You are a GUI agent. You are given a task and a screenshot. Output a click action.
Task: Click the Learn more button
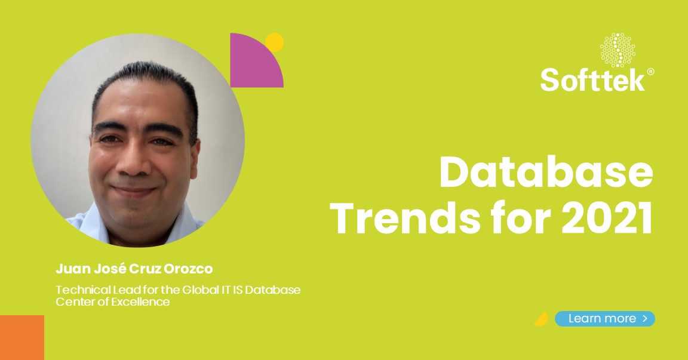pos(604,319)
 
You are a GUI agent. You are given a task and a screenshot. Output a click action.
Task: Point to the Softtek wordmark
pos(592,79)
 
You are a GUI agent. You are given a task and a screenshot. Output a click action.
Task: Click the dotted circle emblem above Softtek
pos(618,50)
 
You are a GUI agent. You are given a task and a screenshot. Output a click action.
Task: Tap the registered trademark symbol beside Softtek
pos(650,72)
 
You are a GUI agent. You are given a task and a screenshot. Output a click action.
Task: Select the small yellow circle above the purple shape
pos(274,42)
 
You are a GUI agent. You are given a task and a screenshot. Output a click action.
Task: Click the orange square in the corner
pos(22,337)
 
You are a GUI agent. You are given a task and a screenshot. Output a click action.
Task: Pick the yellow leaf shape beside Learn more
pos(541,319)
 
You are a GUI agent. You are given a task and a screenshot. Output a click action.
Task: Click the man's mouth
pos(135,191)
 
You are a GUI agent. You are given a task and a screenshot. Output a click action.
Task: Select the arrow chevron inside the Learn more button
pos(645,319)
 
